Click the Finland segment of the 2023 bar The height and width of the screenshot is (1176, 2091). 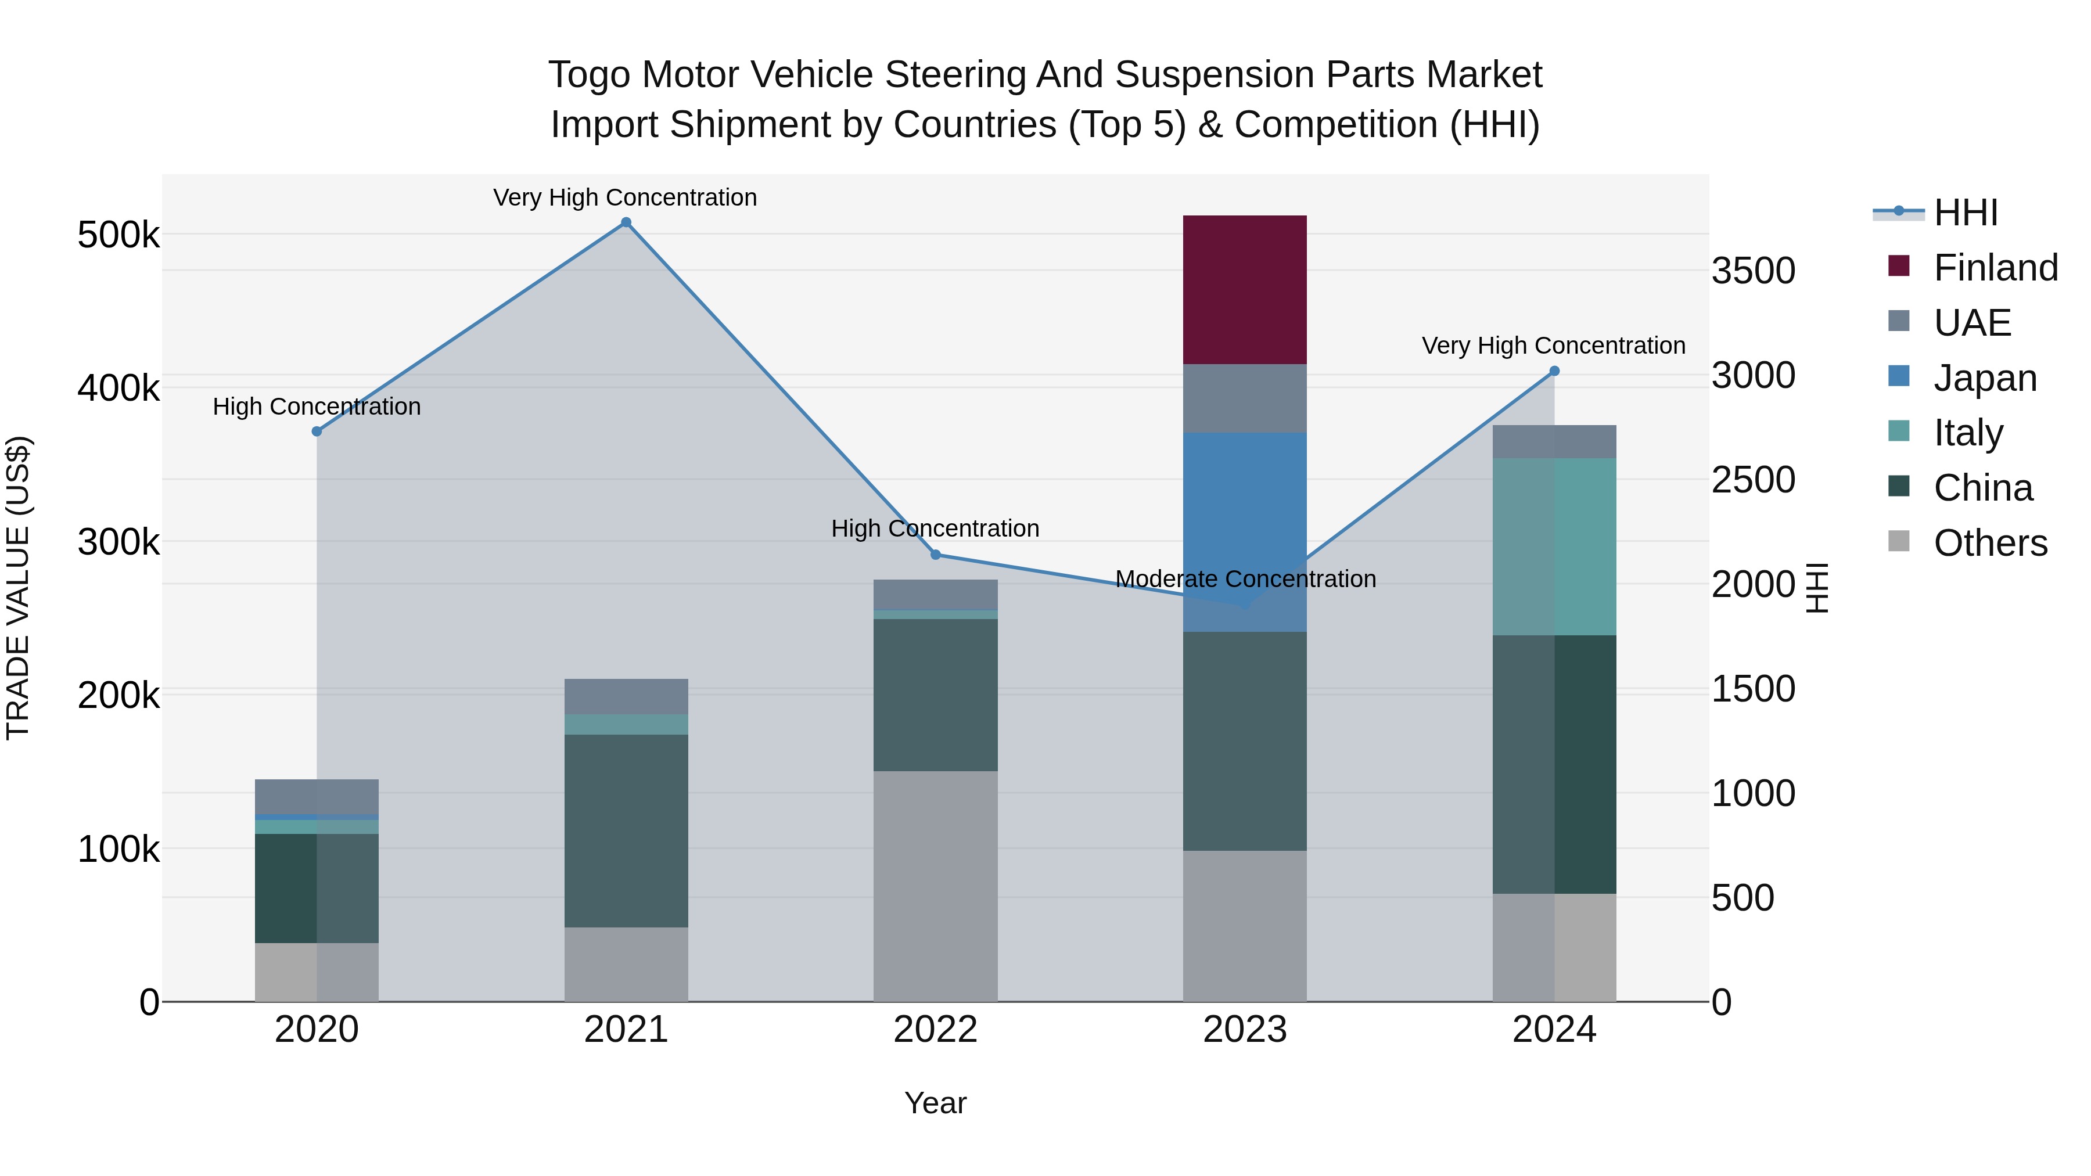[1244, 290]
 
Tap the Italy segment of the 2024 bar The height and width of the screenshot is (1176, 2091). [1554, 546]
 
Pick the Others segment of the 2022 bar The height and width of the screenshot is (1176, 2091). [935, 886]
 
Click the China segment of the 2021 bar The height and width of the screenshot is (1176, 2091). [626, 830]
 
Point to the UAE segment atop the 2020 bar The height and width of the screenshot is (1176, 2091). [317, 796]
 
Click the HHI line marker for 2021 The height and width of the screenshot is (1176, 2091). [626, 222]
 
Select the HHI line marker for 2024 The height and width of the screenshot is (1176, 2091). [1554, 371]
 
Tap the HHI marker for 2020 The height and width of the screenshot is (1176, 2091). [317, 431]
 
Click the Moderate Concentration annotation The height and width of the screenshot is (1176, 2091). [1245, 578]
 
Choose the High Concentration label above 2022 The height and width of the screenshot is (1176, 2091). [935, 528]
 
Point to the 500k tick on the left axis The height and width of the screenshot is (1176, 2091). [118, 235]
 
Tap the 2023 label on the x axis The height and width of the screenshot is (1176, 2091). [1244, 1030]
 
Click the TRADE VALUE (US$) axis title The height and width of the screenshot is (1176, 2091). [18, 588]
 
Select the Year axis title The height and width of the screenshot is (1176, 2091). [935, 1103]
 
